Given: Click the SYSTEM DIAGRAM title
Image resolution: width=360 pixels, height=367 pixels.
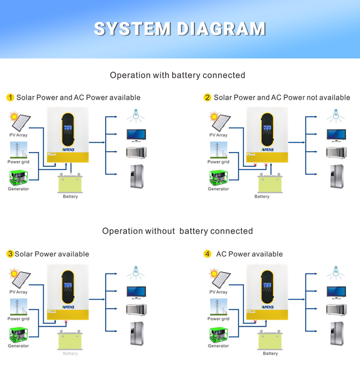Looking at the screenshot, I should click(x=180, y=28).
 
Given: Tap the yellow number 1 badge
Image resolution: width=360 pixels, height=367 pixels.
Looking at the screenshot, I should click(x=10, y=98).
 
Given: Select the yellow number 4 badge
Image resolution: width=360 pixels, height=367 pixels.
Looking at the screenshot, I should click(x=207, y=254).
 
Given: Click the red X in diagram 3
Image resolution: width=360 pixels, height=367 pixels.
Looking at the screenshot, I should click(x=66, y=322).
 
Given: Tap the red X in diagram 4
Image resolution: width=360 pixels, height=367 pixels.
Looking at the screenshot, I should click(x=255, y=322).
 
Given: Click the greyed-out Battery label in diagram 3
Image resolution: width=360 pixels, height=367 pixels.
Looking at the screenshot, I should click(x=70, y=354).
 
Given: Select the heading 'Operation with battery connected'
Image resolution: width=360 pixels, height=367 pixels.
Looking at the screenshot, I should click(x=177, y=75).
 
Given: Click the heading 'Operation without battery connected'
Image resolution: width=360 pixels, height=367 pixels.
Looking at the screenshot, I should click(x=177, y=231).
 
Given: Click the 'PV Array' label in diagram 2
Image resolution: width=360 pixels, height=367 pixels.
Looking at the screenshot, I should click(x=219, y=135).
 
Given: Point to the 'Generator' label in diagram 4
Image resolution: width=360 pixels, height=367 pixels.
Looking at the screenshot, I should click(x=219, y=346).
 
